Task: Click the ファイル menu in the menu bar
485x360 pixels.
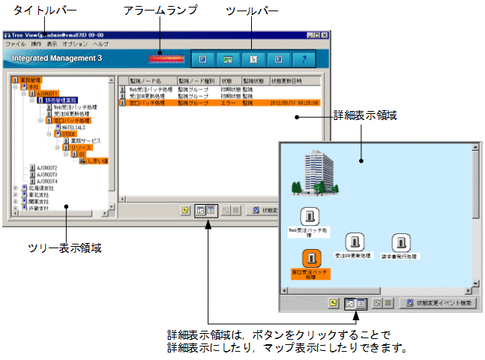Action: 15,44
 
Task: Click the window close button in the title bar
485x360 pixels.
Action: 327,35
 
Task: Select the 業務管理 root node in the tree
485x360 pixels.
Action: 31,79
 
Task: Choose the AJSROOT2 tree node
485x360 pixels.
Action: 46,167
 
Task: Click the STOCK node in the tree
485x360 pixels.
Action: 68,133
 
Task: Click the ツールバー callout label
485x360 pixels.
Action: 251,9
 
